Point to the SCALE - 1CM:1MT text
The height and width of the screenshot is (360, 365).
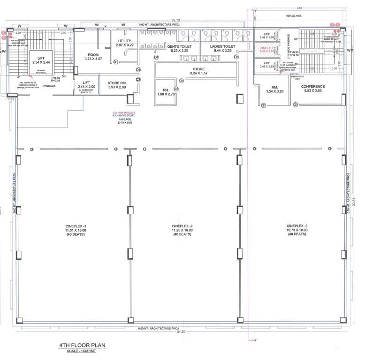pyautogui.click(x=82, y=352)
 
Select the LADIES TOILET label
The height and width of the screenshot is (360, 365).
pyautogui.click(x=222, y=47)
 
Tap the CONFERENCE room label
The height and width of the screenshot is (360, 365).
pyautogui.click(x=313, y=87)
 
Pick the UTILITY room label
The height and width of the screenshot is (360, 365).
pyautogui.click(x=124, y=41)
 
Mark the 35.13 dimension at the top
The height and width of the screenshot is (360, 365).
pyautogui.click(x=175, y=20)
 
